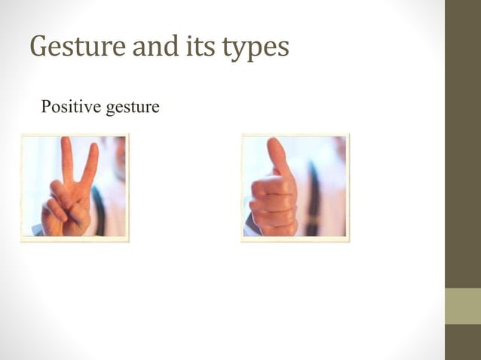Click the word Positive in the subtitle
click(71, 107)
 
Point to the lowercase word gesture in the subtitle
click(132, 108)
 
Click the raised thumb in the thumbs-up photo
click(277, 158)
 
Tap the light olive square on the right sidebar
click(462, 306)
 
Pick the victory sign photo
click(75, 187)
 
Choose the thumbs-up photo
click(295, 187)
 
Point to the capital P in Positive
click(46, 107)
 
